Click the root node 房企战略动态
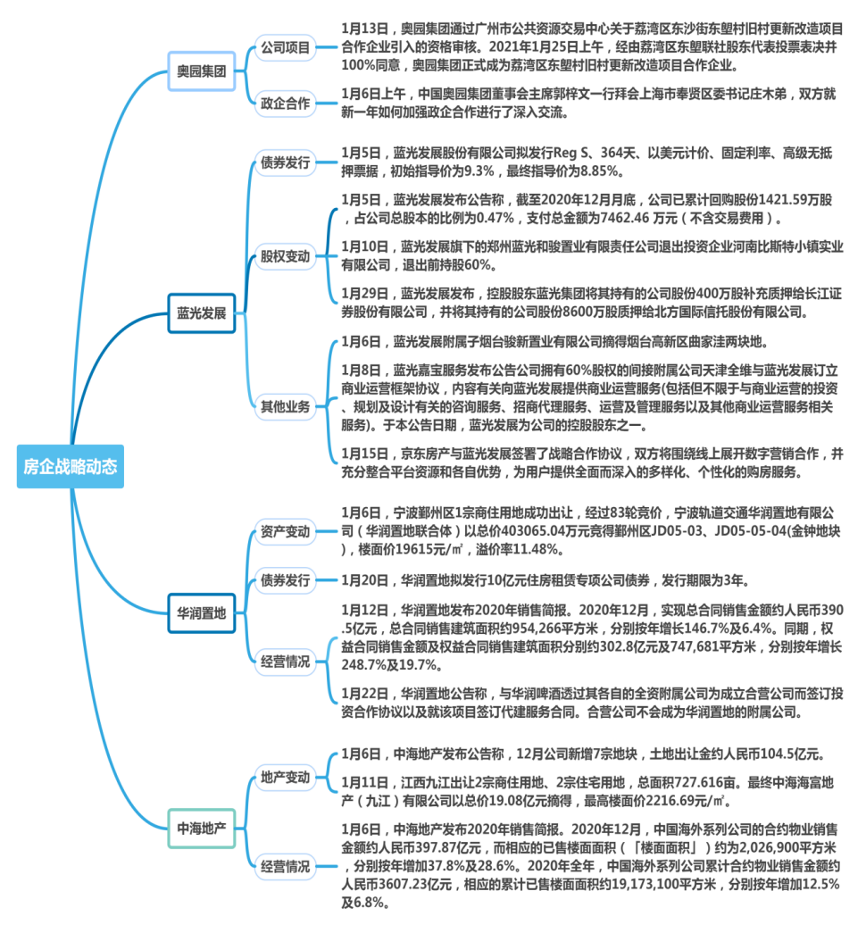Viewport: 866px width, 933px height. tap(70, 466)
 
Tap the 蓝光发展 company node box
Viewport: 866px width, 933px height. tap(201, 313)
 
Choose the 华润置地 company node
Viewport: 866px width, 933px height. tap(201, 612)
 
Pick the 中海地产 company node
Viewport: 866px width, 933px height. tap(201, 827)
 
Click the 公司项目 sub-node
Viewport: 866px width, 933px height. tap(285, 46)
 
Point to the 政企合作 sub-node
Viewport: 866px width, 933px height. tap(285, 104)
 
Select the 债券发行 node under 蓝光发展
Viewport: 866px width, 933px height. tap(285, 162)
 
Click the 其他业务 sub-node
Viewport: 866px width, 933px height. tap(285, 407)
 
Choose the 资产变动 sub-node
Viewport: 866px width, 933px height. tap(285, 532)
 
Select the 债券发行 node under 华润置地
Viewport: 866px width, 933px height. tap(285, 580)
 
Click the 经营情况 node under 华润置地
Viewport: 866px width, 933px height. tap(285, 662)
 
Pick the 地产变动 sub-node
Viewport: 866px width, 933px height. tap(285, 777)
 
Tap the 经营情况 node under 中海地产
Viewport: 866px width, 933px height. tap(285, 865)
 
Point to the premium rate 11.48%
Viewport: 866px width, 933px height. tap(557, 548)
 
